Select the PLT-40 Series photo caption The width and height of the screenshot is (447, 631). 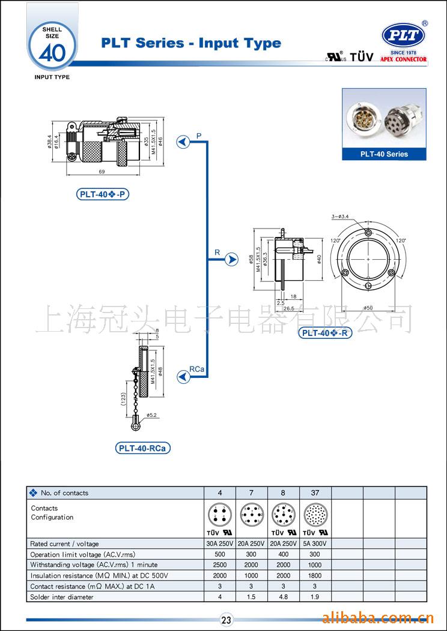tap(384, 154)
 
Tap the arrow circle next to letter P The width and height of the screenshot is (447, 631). tap(182, 142)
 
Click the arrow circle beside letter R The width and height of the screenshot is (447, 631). tap(232, 260)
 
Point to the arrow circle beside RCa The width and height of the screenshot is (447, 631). tap(183, 376)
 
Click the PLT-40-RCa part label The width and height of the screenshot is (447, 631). tap(143, 448)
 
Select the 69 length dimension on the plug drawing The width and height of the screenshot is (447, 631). tap(102, 172)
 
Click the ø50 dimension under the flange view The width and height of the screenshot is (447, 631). tap(368, 308)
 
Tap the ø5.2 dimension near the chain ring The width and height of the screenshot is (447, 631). tap(151, 414)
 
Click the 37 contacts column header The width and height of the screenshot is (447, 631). tap(315, 493)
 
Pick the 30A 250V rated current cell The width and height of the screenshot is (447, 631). tap(220, 544)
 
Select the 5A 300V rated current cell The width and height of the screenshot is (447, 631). tap(315, 544)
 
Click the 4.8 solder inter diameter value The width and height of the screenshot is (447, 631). tap(284, 597)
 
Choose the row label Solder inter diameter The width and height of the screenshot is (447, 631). tap(62, 597)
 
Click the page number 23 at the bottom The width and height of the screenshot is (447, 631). tap(227, 620)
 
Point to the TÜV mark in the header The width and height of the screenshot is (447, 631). tap(362, 57)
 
